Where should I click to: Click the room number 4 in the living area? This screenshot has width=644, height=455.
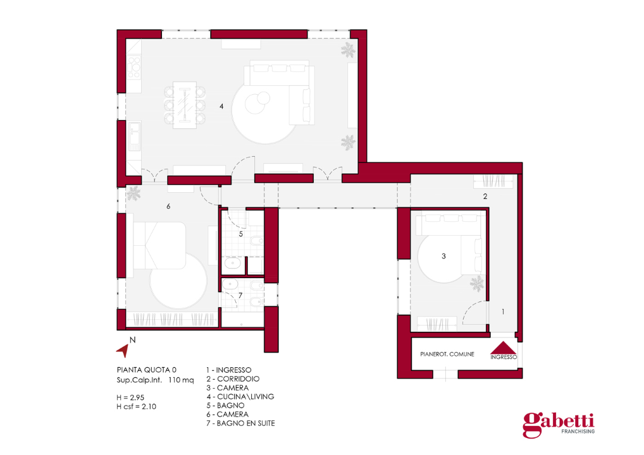click(221, 106)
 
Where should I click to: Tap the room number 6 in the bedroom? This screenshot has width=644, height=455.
click(168, 206)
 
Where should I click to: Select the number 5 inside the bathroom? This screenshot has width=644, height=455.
click(240, 234)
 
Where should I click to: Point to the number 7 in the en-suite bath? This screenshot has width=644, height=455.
click(240, 295)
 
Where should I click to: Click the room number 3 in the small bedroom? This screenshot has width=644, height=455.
click(443, 256)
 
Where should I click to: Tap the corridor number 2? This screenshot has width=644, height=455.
click(485, 197)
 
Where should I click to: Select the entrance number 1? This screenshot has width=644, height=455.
click(503, 312)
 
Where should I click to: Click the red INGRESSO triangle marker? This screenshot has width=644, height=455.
click(503, 348)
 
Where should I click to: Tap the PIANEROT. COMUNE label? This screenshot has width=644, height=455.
click(447, 354)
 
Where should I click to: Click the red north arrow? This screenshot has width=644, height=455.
click(123, 350)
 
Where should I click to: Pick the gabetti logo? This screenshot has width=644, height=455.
click(559, 425)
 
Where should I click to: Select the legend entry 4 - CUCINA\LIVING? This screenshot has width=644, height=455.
click(240, 397)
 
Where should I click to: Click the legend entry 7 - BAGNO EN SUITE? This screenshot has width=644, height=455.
click(240, 423)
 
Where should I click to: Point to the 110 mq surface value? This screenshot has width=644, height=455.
click(181, 380)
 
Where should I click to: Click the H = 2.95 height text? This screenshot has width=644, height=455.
click(130, 397)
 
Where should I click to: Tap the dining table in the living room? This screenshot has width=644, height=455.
click(185, 105)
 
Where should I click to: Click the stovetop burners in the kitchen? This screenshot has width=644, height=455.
click(134, 68)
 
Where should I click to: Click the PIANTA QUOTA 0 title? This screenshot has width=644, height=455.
click(147, 370)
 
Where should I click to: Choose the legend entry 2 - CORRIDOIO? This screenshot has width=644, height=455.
click(233, 379)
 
